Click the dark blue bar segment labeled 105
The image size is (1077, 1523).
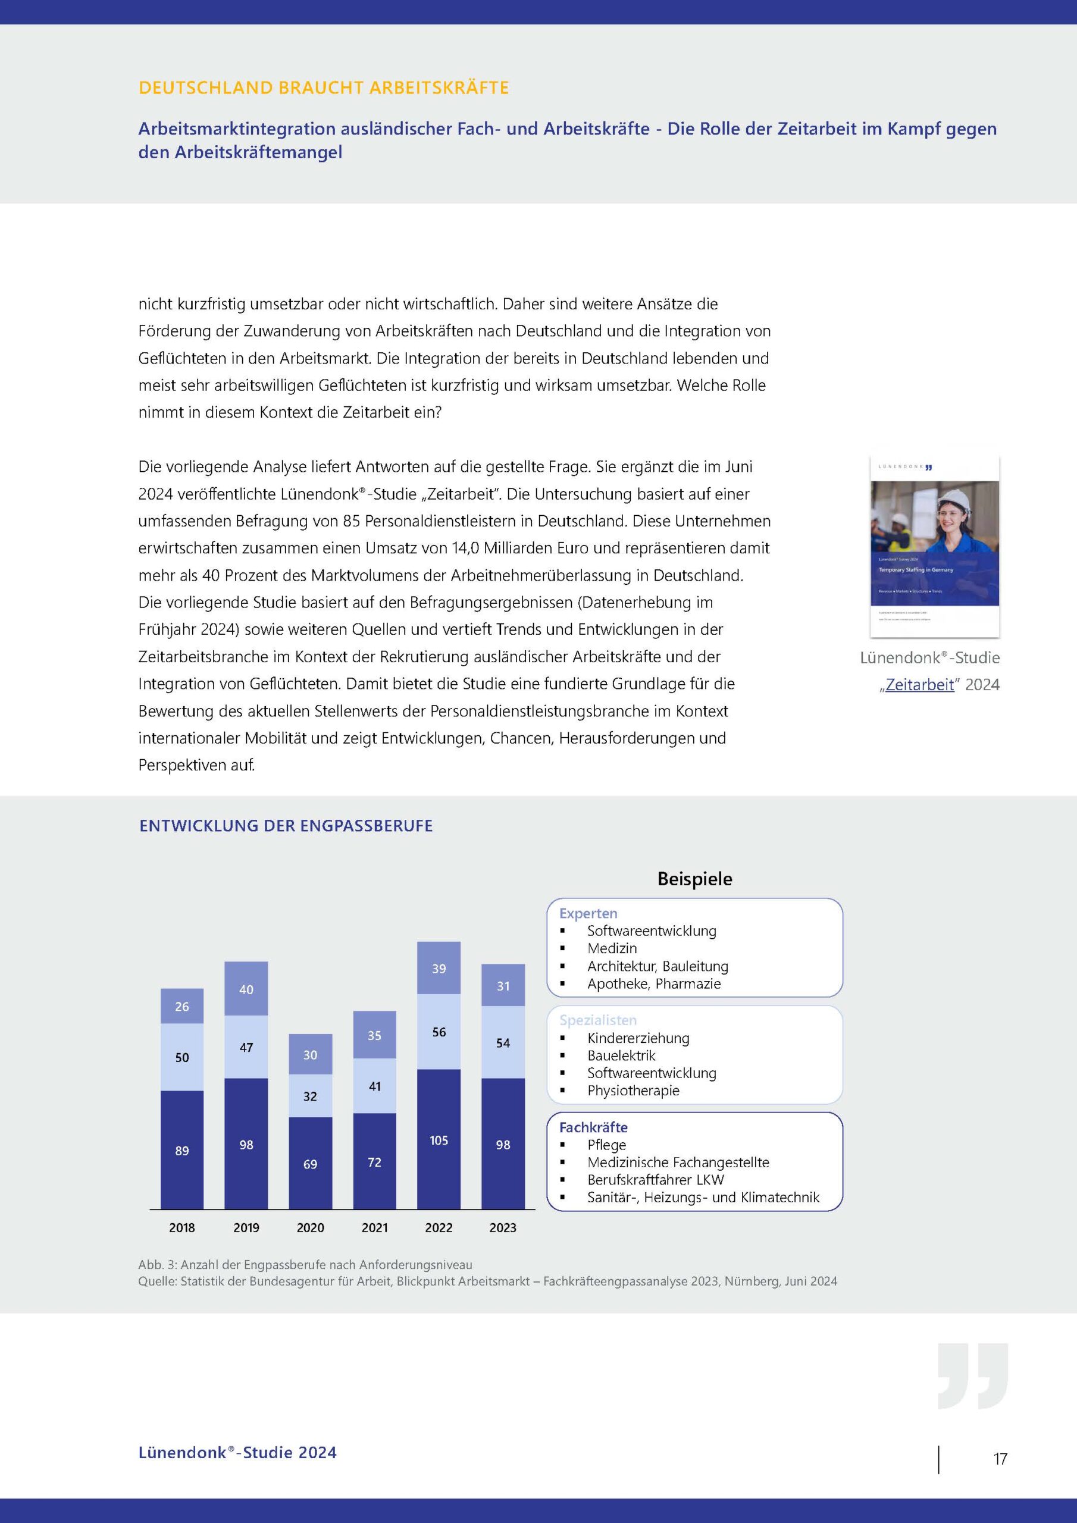click(x=439, y=1140)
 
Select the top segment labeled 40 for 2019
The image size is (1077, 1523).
click(x=246, y=989)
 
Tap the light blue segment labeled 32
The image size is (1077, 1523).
click(x=310, y=1096)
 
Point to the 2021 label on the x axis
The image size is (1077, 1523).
click(x=374, y=1227)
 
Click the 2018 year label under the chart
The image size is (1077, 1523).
click(x=182, y=1227)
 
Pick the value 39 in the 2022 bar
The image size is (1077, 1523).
click(x=439, y=969)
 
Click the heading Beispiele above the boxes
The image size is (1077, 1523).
click(x=695, y=879)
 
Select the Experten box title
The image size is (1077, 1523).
click(x=588, y=913)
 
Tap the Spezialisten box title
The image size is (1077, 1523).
click(x=598, y=1020)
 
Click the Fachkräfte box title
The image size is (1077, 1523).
click(x=593, y=1127)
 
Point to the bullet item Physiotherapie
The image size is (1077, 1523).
click(x=633, y=1090)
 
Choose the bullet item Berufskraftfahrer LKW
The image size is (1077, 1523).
click(x=655, y=1179)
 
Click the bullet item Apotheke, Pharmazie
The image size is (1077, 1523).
click(x=653, y=984)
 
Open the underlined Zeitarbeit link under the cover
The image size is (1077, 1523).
click(x=919, y=685)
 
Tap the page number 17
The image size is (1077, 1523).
click(x=1000, y=1459)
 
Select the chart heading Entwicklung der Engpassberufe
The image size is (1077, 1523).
click(x=286, y=826)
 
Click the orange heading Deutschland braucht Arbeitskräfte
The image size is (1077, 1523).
click(x=324, y=87)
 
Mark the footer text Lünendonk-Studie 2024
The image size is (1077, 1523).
click(x=237, y=1453)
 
